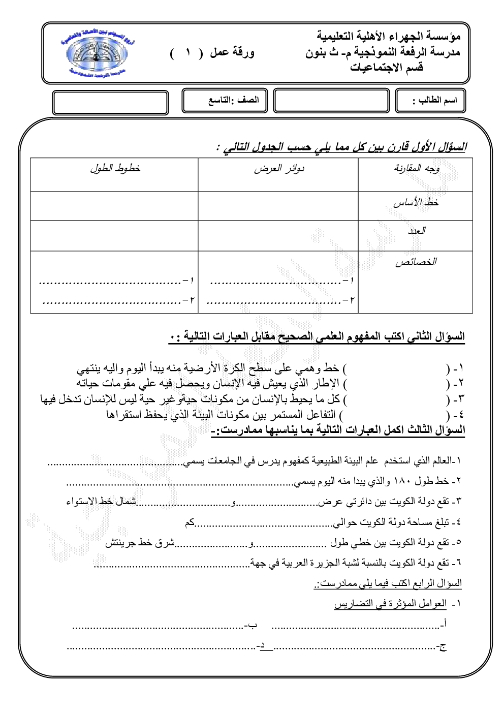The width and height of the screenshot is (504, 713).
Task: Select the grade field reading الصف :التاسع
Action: coord(233,100)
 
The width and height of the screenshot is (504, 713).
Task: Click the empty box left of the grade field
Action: coord(110,102)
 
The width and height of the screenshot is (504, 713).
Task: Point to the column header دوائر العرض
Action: coord(279,169)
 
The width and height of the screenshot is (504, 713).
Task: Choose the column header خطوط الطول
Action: coord(115,168)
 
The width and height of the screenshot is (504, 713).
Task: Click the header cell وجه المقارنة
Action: coord(417,169)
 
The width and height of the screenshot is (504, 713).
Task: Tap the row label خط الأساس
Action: coord(416,203)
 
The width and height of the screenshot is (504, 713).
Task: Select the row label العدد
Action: coord(416,231)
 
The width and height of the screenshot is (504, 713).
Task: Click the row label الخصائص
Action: coord(416,262)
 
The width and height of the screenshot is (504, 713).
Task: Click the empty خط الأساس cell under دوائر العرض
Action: coord(278,206)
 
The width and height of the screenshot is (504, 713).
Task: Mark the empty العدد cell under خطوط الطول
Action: coord(114,235)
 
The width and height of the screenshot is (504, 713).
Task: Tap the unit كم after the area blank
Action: coord(190,522)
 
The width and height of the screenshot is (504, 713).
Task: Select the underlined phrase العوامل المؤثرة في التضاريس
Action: coord(390,604)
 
